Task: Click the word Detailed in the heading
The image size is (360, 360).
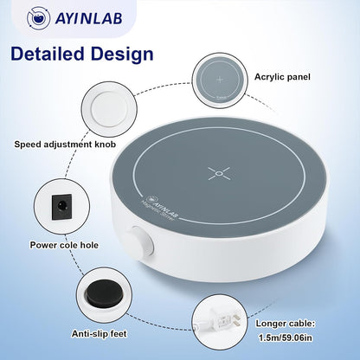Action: (x=47, y=54)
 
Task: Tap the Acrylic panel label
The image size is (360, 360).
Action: (x=282, y=77)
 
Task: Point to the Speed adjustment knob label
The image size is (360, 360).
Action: (x=65, y=144)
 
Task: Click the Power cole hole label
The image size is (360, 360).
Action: (x=64, y=245)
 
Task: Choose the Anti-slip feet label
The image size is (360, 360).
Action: (x=99, y=334)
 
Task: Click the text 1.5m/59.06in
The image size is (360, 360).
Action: (x=286, y=337)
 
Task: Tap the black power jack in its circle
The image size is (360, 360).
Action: (x=61, y=206)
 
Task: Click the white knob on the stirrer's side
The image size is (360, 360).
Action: (x=141, y=241)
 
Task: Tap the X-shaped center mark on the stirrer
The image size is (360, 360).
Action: (x=219, y=173)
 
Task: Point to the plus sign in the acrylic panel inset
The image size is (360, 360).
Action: (x=220, y=79)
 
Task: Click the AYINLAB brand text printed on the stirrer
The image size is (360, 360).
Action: (x=163, y=207)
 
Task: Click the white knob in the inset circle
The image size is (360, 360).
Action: (x=109, y=109)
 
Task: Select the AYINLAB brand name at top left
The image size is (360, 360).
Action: (x=88, y=18)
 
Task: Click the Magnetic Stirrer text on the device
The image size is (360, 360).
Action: (x=157, y=211)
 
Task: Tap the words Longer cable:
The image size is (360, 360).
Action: (x=286, y=324)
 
